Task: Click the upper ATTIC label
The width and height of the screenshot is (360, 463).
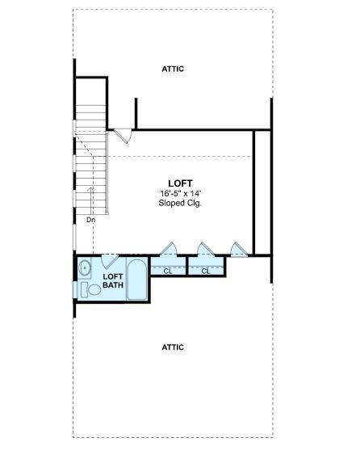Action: click(x=173, y=69)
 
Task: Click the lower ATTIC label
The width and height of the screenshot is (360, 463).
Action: click(x=173, y=347)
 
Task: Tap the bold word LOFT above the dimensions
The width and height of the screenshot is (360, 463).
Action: click(x=180, y=183)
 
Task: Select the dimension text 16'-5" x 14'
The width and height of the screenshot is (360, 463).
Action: click(x=180, y=194)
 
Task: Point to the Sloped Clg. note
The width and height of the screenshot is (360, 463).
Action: click(x=180, y=204)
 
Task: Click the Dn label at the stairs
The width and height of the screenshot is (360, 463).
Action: click(x=91, y=219)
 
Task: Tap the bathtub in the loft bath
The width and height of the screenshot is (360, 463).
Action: click(x=137, y=280)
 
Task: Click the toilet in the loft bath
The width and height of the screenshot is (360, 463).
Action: click(x=86, y=289)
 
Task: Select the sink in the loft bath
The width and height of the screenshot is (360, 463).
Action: click(x=86, y=264)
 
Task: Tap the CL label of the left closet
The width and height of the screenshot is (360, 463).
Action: click(x=168, y=271)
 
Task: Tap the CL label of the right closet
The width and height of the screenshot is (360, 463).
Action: click(x=206, y=271)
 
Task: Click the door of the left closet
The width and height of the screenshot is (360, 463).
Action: click(x=169, y=249)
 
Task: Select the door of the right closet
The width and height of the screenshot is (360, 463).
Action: click(x=204, y=249)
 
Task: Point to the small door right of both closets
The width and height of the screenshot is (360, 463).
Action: click(x=237, y=249)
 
